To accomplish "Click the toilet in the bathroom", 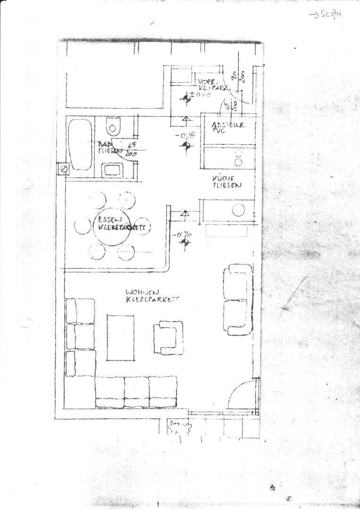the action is (112, 127).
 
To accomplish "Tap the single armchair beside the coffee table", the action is (168, 337).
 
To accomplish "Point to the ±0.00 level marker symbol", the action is (187, 99).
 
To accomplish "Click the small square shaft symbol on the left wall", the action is (63, 169).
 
